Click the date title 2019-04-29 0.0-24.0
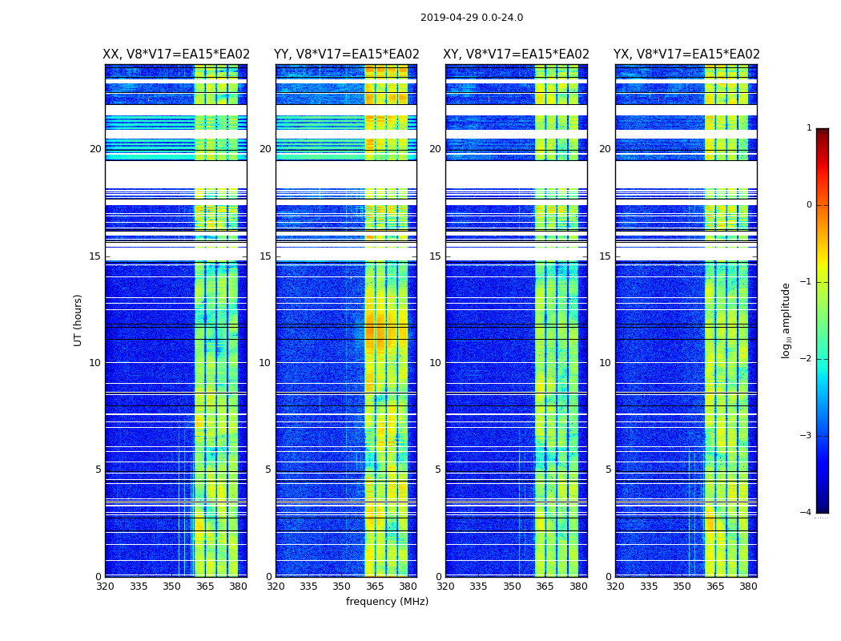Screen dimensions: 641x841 pyautogui.click(x=472, y=18)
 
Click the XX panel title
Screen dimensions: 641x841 pyautogui.click(x=176, y=54)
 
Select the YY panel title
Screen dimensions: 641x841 pyautogui.click(x=347, y=54)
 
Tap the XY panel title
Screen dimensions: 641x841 pyautogui.click(x=517, y=54)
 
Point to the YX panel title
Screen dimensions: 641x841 pyautogui.click(x=686, y=54)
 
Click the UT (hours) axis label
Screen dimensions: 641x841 pyautogui.click(x=78, y=320)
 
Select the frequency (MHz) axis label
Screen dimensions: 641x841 pyautogui.click(x=387, y=602)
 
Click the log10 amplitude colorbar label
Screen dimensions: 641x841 pyautogui.click(x=786, y=320)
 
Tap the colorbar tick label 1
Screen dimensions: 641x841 pyautogui.click(x=809, y=128)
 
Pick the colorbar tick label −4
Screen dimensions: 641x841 pyautogui.click(x=807, y=513)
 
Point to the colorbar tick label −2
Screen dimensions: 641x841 pyautogui.click(x=807, y=359)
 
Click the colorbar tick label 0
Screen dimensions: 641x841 pyautogui.click(x=809, y=205)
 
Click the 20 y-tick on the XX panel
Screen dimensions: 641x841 pyautogui.click(x=95, y=149)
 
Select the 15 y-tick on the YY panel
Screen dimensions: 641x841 pyautogui.click(x=265, y=256)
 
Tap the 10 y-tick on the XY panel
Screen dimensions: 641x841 pyautogui.click(x=435, y=363)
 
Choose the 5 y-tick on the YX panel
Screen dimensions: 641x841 pyautogui.click(x=609, y=470)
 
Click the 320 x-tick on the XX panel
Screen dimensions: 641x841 pyautogui.click(x=105, y=587)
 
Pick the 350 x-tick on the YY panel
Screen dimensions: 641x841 pyautogui.click(x=342, y=587)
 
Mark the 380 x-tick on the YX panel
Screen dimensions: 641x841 pyautogui.click(x=748, y=587)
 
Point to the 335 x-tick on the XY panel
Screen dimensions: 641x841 pyautogui.click(x=479, y=587)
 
